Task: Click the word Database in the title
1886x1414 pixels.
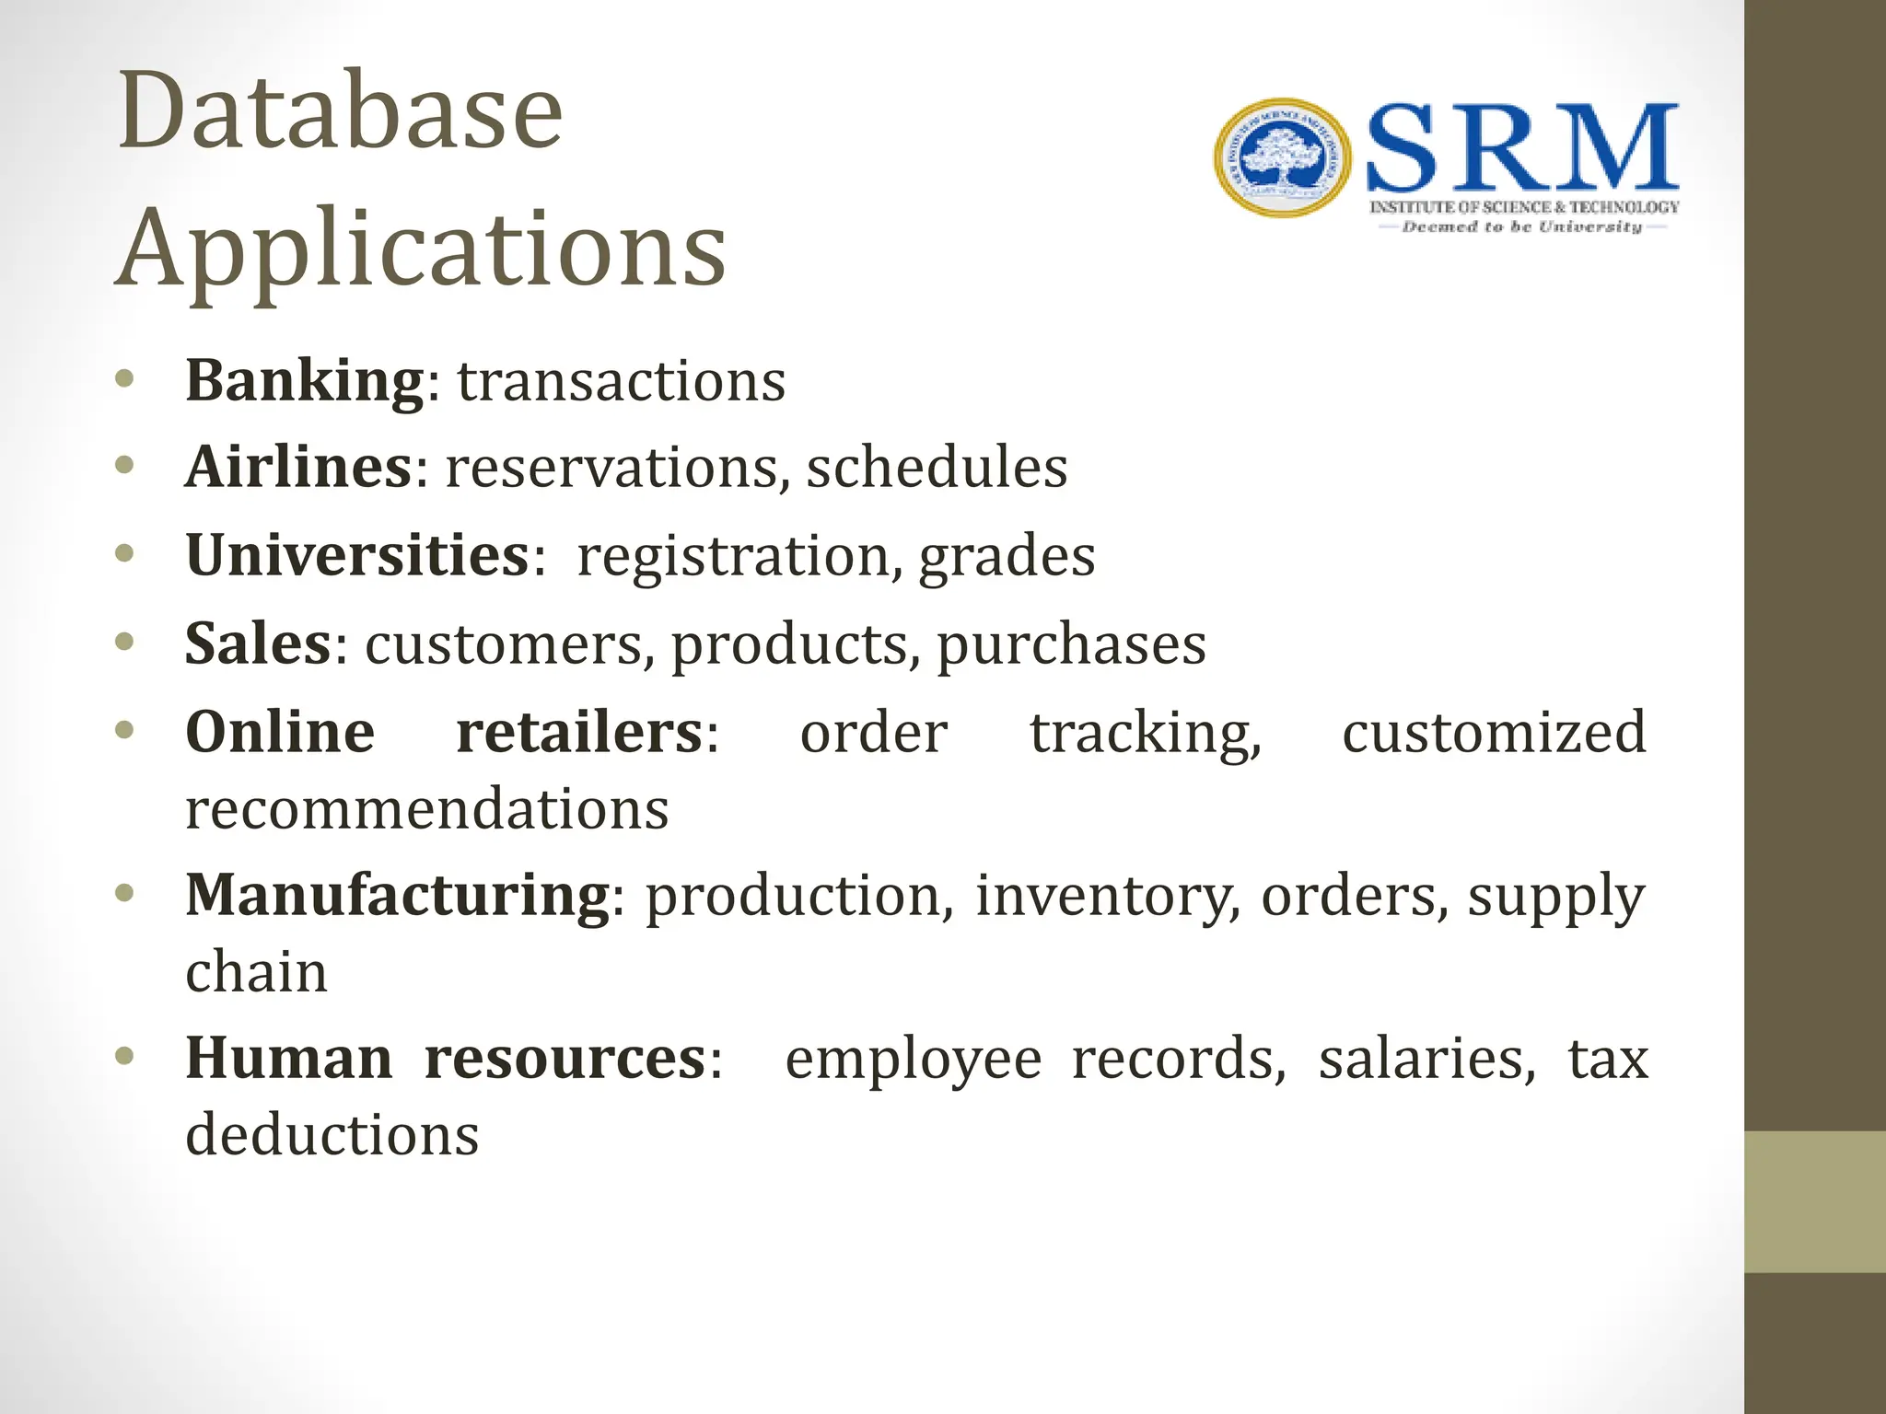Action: point(340,112)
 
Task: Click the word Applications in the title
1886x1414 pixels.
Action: point(421,249)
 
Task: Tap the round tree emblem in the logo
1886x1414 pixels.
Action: point(1283,158)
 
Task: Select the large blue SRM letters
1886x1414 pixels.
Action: point(1522,147)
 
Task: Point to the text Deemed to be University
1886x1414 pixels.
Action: point(1521,226)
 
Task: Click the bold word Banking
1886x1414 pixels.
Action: point(305,380)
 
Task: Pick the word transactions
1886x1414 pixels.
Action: point(622,381)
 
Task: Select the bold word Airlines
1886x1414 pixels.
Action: point(298,467)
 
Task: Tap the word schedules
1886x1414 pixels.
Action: point(937,467)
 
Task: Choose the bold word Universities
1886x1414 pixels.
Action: point(357,555)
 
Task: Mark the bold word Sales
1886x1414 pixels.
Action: point(258,643)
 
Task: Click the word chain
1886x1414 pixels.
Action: point(256,972)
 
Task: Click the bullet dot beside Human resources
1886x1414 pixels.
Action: point(125,1055)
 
